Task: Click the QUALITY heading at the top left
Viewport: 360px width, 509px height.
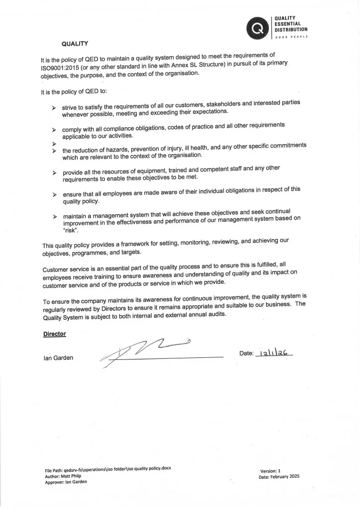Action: pyautogui.click(x=75, y=43)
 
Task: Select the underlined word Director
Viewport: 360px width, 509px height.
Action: pyautogui.click(x=55, y=334)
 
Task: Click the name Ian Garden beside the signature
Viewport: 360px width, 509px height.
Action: pyautogui.click(x=58, y=358)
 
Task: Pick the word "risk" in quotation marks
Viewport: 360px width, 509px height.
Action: pyautogui.click(x=70, y=231)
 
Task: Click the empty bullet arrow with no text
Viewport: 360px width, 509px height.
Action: pyautogui.click(x=53, y=143)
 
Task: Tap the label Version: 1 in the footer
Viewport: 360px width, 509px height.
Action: pyautogui.click(x=270, y=470)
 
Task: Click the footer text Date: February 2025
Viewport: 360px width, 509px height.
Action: pyautogui.click(x=279, y=476)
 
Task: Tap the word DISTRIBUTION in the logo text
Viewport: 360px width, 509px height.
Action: pyautogui.click(x=291, y=30)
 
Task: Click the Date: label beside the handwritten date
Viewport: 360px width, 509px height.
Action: pyautogui.click(x=247, y=353)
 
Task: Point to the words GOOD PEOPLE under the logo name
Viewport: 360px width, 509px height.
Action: pyautogui.click(x=291, y=37)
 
